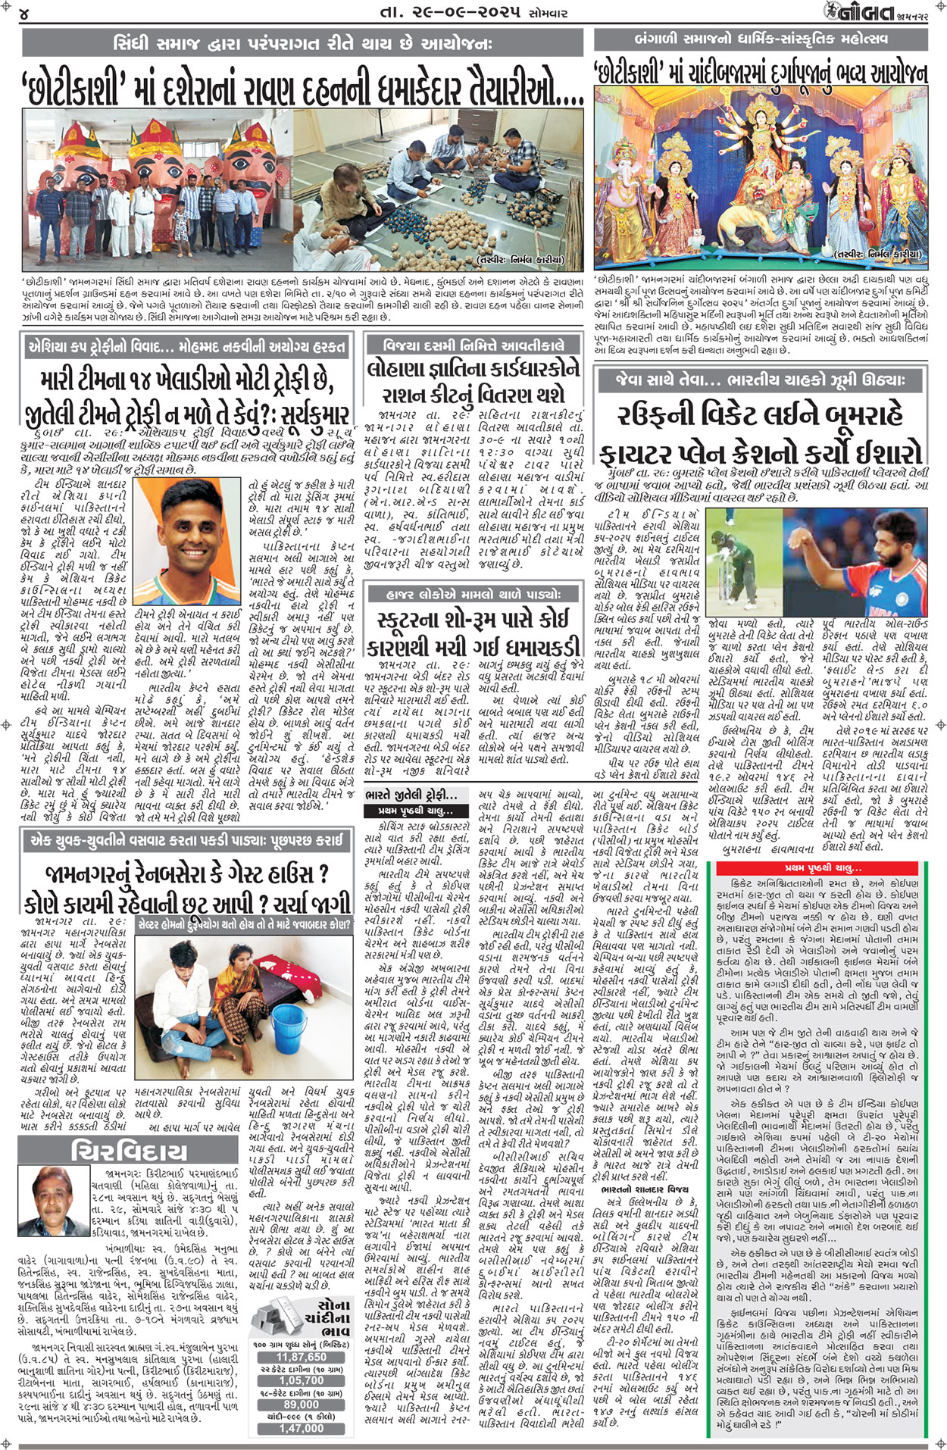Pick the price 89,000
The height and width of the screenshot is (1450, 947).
(302, 1403)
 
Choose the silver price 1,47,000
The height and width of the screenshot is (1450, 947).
(302, 1428)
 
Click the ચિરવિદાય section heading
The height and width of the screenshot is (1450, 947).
(129, 1152)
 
